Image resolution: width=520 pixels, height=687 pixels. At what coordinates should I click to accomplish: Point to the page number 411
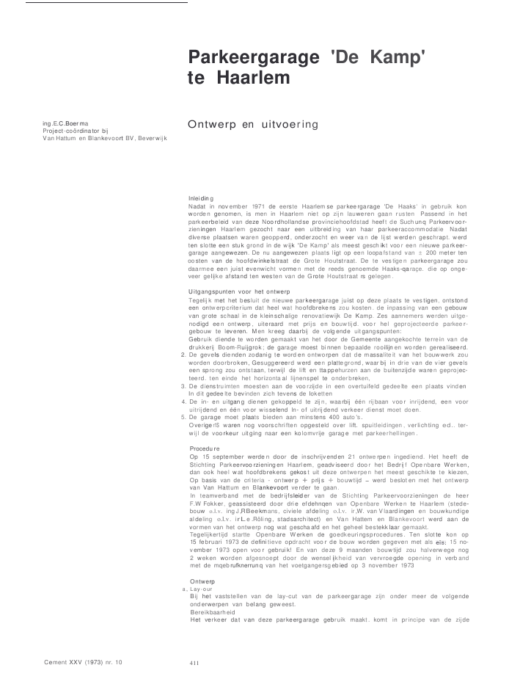pos(194,664)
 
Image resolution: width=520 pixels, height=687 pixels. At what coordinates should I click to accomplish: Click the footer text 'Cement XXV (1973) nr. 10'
pos(84,663)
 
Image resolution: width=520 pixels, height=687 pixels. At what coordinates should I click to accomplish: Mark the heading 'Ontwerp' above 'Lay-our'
pos(202,581)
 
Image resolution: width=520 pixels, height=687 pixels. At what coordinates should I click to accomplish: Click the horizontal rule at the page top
pos(106,2)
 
